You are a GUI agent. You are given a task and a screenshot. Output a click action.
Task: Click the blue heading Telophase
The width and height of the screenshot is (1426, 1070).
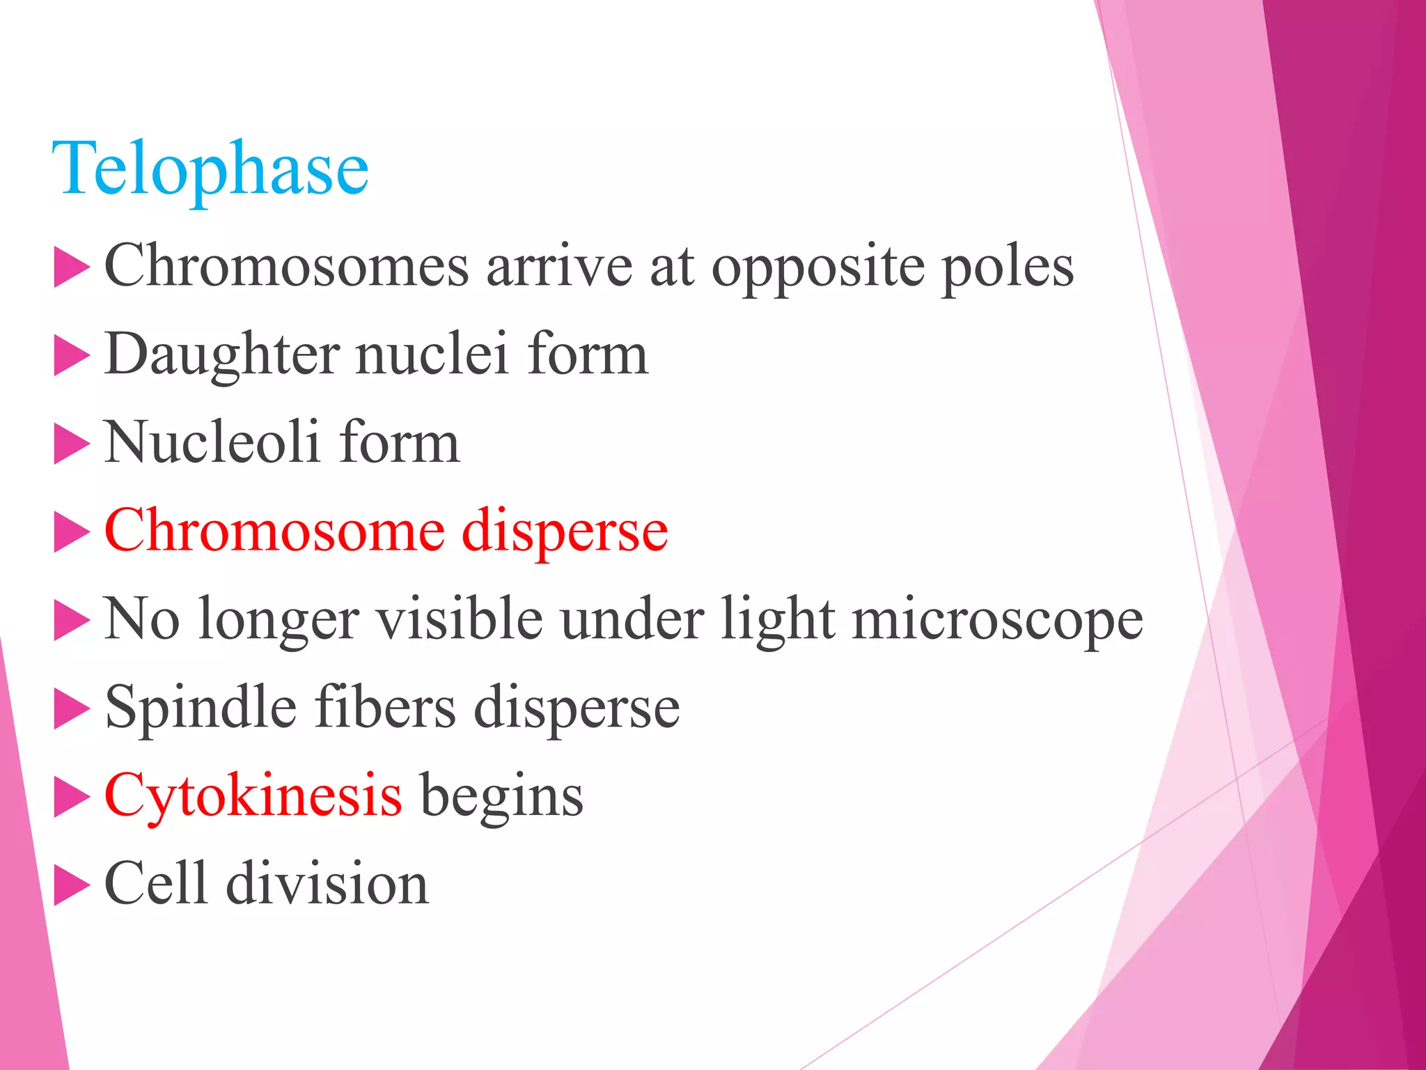tap(210, 169)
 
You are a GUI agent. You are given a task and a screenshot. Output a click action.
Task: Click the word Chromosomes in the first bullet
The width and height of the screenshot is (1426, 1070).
tap(286, 265)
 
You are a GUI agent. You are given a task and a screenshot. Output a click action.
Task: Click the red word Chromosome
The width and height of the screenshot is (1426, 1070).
tap(274, 530)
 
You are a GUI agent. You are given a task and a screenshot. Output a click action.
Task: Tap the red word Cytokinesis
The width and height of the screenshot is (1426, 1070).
tap(253, 796)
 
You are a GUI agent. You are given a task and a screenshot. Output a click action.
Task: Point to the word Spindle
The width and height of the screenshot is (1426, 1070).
tap(201, 708)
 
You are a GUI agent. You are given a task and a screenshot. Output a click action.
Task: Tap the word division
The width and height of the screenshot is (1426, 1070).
tap(328, 883)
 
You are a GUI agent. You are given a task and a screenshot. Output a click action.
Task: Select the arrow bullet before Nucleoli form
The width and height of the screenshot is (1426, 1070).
tap(71, 444)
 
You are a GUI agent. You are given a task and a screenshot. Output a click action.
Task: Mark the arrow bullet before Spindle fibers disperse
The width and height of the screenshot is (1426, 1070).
tap(71, 709)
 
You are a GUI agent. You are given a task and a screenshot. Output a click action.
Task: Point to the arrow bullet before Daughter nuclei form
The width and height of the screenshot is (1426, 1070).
tap(71, 357)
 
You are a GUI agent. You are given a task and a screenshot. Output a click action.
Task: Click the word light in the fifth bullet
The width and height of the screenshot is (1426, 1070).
tap(778, 620)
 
